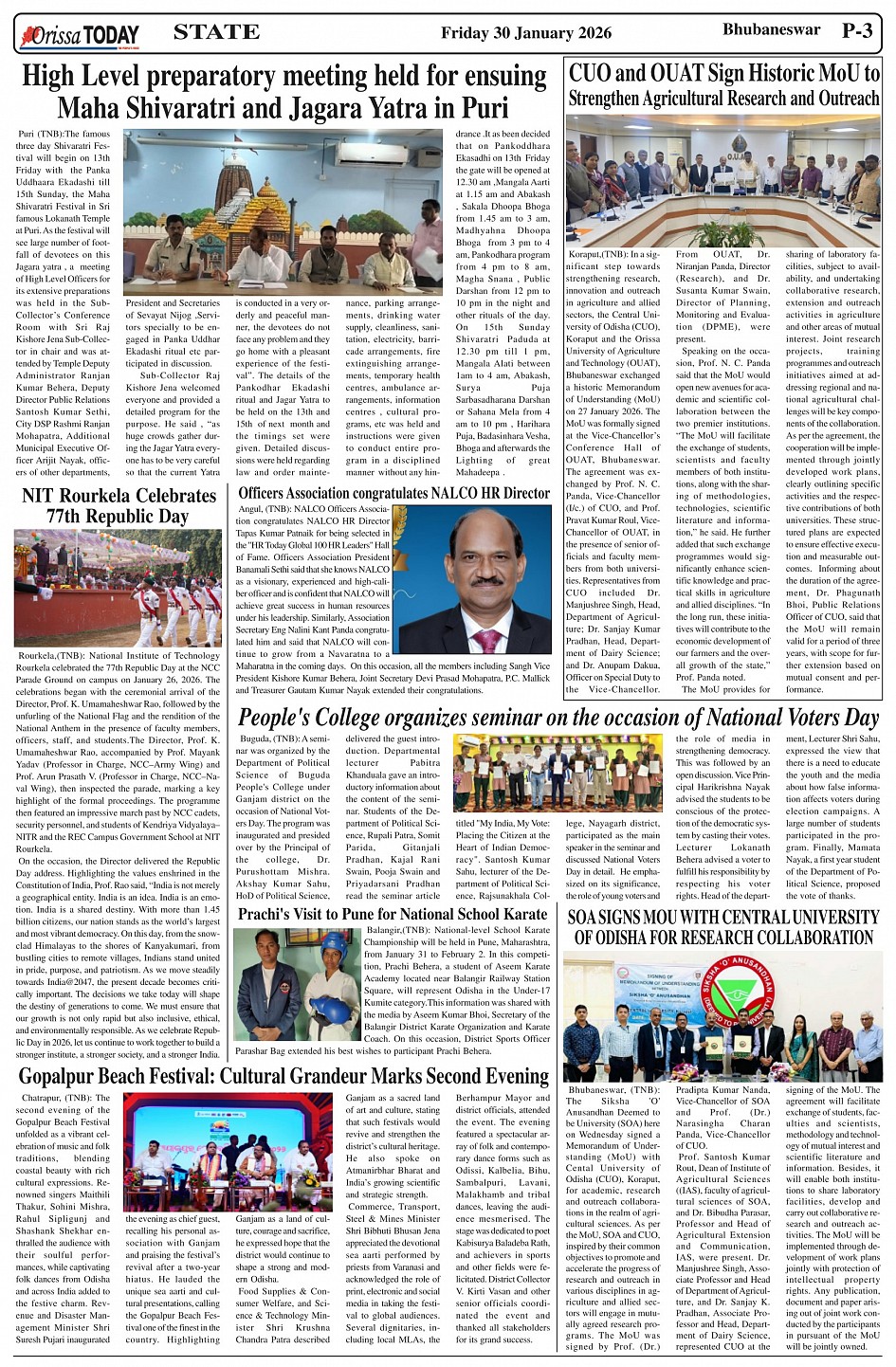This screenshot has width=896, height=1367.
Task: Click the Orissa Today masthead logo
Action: (80, 36)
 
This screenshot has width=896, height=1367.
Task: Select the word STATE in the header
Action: (216, 32)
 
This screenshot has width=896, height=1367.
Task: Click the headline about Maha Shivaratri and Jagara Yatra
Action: (283, 91)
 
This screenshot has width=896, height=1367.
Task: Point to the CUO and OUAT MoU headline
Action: (723, 85)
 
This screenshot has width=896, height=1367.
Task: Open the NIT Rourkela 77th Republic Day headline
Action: (119, 505)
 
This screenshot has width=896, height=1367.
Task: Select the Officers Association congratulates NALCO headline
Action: (393, 493)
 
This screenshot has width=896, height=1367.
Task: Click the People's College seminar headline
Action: (558, 718)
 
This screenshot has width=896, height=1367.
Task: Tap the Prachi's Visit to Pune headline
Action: (392, 914)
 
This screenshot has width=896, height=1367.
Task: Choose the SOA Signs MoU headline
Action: (723, 927)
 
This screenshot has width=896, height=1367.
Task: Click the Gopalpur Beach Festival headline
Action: (283, 1076)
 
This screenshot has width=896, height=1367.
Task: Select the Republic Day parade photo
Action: (118, 588)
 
